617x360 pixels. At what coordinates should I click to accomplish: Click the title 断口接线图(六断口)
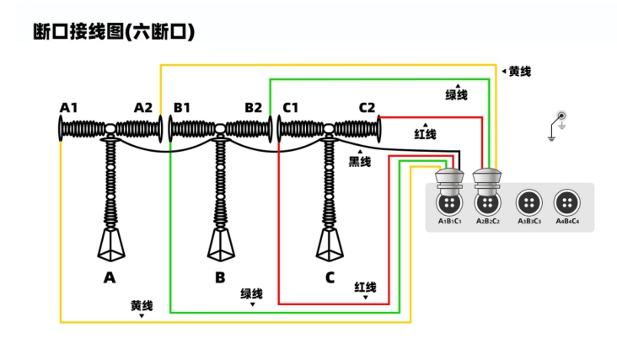click(x=114, y=32)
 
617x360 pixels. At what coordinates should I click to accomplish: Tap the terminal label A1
click(x=69, y=107)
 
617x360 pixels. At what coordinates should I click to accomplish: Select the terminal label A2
click(x=143, y=107)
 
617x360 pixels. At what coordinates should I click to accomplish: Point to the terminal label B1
click(x=182, y=107)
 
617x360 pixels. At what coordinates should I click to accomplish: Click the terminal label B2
click(x=253, y=107)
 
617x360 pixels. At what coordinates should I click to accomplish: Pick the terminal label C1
click(x=291, y=107)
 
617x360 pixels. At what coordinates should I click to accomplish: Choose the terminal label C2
click(x=367, y=107)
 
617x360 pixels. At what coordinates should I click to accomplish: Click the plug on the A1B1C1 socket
click(x=450, y=180)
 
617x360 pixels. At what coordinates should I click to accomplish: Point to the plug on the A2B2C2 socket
click(x=487, y=180)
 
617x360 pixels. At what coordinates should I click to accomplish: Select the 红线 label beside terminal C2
click(x=426, y=134)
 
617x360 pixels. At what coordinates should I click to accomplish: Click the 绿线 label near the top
click(x=457, y=95)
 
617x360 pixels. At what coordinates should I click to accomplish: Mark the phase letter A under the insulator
click(x=109, y=277)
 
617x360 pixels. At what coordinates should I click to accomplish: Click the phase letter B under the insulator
click(x=220, y=277)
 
